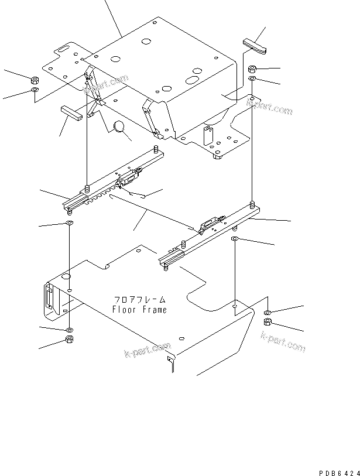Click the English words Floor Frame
coord(140,310)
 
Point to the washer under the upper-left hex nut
coord(35,91)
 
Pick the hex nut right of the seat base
coord(251,69)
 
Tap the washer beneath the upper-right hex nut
coord(251,79)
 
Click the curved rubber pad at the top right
coord(254,44)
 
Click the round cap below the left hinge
coord(121,128)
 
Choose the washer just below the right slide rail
coord(235,239)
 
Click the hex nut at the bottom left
coord(69,340)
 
